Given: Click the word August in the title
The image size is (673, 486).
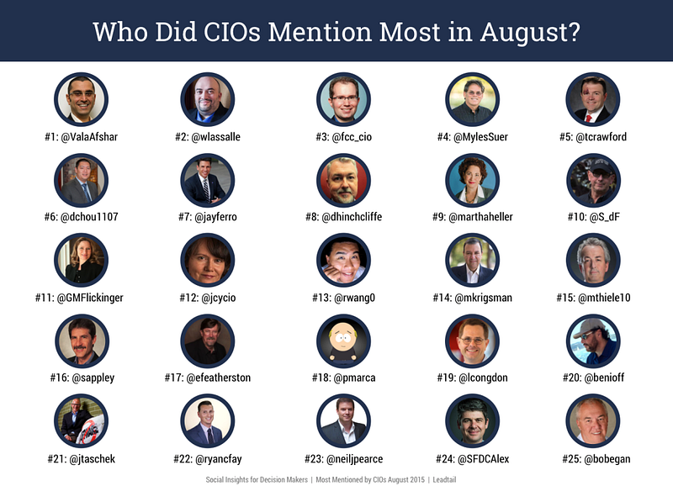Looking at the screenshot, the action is (530, 33).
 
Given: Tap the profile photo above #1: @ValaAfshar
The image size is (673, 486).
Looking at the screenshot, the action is (81, 99).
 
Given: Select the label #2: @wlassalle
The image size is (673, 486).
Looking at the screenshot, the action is (208, 137).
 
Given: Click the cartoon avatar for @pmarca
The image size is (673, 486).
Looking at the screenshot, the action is (343, 341).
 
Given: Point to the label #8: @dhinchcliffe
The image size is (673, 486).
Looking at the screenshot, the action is (343, 217).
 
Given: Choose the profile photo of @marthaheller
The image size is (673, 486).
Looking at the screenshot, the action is (472, 181).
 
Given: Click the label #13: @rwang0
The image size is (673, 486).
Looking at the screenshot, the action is (343, 298).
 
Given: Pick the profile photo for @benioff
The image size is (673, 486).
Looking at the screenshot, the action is (593, 341).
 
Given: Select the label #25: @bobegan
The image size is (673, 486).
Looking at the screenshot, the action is (596, 459).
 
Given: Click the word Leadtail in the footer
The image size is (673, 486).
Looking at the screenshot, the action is (444, 479).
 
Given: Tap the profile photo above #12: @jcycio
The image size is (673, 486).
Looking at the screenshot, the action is (208, 261).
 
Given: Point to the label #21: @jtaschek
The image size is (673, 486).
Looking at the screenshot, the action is (81, 459).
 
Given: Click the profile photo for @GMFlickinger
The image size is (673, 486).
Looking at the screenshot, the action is (81, 261).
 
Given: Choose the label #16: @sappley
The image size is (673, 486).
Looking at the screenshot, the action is (82, 378).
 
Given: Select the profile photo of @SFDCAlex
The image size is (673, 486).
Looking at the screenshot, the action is (472, 421).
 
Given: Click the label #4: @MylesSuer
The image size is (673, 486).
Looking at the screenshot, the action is (472, 137).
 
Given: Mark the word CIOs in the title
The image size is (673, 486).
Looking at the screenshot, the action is (232, 32).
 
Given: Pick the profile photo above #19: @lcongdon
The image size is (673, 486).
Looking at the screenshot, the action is (472, 341).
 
